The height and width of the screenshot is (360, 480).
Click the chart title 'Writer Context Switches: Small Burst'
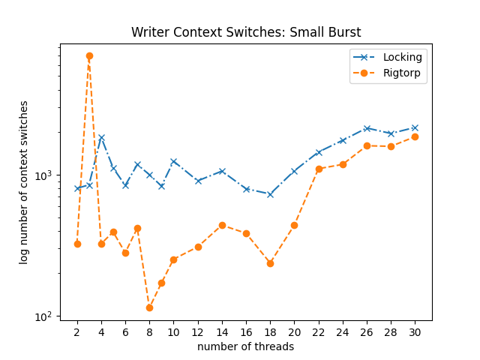pos(245,32)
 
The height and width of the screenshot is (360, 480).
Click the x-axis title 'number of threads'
pos(245,346)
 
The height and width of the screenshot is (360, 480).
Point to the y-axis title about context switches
pos(24,181)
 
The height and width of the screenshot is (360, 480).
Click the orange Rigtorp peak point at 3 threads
pos(89,56)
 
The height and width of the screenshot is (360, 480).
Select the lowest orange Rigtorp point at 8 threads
pos(149,307)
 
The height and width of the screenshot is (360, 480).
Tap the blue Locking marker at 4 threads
pos(101,137)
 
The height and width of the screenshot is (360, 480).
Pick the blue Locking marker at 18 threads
pos(270,194)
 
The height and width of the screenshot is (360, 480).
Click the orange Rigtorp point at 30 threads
pos(415,136)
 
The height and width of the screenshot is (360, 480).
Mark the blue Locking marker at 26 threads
pos(367,128)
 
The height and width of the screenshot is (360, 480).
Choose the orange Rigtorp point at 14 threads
pos(222,225)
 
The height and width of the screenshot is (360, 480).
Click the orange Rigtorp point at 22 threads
pos(319,169)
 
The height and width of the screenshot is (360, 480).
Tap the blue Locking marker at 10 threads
pos(173,161)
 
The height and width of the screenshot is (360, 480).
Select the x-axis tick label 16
pos(246,332)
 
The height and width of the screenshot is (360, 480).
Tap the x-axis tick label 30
pos(415,332)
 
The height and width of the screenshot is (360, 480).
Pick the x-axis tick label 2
pos(77,332)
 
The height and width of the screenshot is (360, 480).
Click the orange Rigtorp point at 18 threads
pos(270,263)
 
